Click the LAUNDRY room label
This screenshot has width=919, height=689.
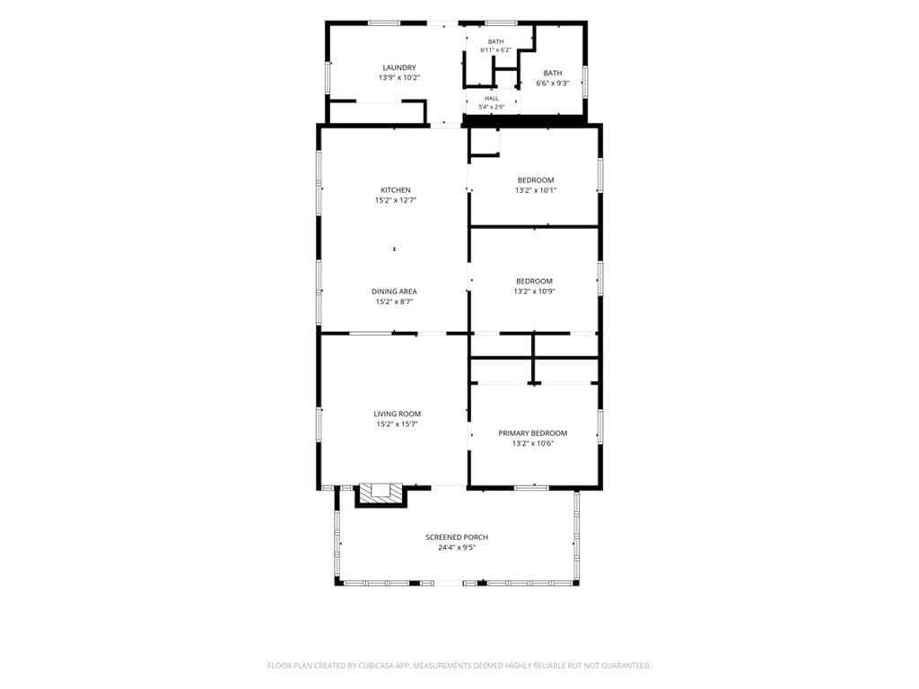pyautogui.click(x=399, y=67)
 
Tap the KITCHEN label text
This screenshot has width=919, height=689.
pyautogui.click(x=396, y=190)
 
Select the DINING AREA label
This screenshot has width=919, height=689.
pyautogui.click(x=395, y=292)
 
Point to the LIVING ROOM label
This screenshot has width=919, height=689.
pyautogui.click(x=398, y=414)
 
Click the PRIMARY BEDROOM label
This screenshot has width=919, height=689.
pyautogui.click(x=533, y=433)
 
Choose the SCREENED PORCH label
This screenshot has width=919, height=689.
pyautogui.click(x=457, y=536)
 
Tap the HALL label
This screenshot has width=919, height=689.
pyautogui.click(x=492, y=99)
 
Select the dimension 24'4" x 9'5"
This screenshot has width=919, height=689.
pyautogui.click(x=457, y=547)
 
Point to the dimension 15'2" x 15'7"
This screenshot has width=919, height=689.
pyautogui.click(x=398, y=424)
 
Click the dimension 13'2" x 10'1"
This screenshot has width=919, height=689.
pyautogui.click(x=536, y=190)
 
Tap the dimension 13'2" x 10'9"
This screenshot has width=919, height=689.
pyautogui.click(x=535, y=292)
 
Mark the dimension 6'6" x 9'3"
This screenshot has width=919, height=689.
pyautogui.click(x=553, y=83)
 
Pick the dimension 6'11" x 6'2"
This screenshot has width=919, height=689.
pyautogui.click(x=495, y=50)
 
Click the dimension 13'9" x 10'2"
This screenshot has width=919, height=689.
pyautogui.click(x=399, y=77)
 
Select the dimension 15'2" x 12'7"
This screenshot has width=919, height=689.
pyautogui.click(x=396, y=200)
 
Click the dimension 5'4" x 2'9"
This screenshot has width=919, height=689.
pyautogui.click(x=492, y=107)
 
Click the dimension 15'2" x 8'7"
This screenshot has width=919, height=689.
pyautogui.click(x=395, y=301)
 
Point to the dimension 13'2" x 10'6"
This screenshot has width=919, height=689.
pyautogui.click(x=533, y=443)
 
